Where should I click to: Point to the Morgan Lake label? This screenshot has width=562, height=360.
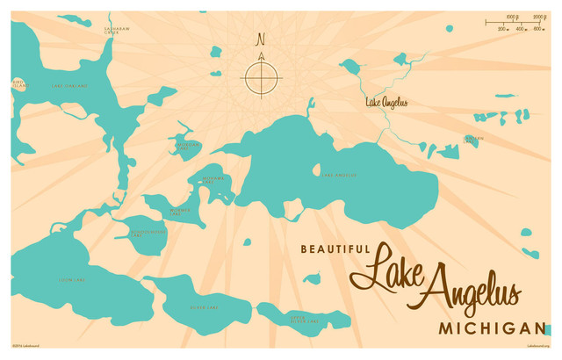click(x=188, y=146)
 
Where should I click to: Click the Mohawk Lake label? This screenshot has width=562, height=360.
click(x=215, y=179)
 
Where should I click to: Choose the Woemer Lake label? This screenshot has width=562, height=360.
click(x=179, y=212)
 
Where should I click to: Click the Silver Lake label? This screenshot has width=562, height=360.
click(x=203, y=307)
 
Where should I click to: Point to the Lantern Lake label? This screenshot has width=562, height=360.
click(x=474, y=140)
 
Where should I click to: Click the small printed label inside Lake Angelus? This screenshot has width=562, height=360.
click(x=339, y=175)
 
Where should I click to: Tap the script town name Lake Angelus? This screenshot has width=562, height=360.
click(x=386, y=103)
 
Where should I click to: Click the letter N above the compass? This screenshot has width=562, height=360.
click(x=260, y=39)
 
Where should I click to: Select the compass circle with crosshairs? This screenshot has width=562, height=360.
click(x=261, y=77)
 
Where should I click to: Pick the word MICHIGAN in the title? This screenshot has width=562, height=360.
click(x=492, y=328)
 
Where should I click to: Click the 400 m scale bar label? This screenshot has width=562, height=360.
click(x=520, y=29)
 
